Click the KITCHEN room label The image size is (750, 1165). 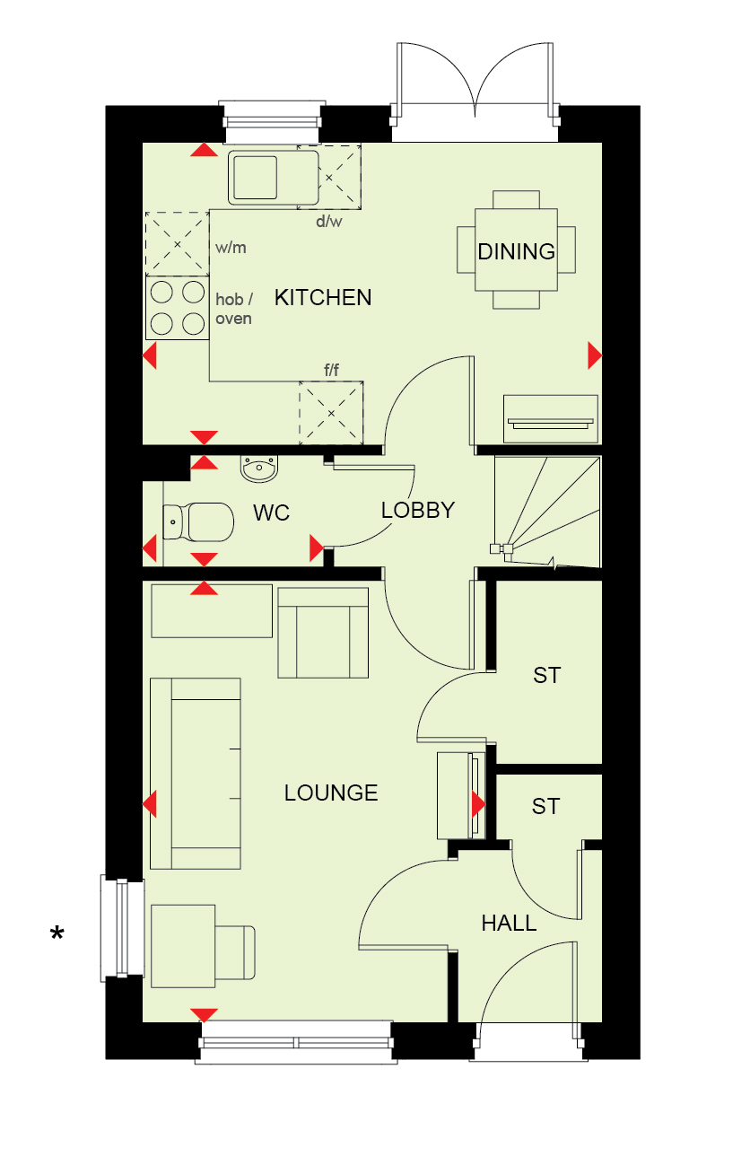point(323,297)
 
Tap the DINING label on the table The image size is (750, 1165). point(516,251)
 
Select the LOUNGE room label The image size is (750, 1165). point(331,793)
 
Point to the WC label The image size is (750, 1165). point(271,512)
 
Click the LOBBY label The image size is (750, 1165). point(418,510)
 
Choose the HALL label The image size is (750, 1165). point(509,924)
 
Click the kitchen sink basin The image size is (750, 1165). point(255,178)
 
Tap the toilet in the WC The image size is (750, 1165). point(198,521)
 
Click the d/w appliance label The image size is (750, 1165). point(329,221)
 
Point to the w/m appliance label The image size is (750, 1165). point(231,248)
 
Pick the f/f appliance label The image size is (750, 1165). point(331,370)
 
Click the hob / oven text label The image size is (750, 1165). point(234,309)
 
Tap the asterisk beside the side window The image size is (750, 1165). point(57,933)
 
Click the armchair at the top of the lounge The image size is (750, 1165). point(323,633)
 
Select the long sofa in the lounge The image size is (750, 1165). point(196,774)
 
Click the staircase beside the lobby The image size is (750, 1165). point(547,512)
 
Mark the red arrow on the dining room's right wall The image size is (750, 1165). point(595,355)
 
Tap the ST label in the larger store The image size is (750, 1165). point(546,675)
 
